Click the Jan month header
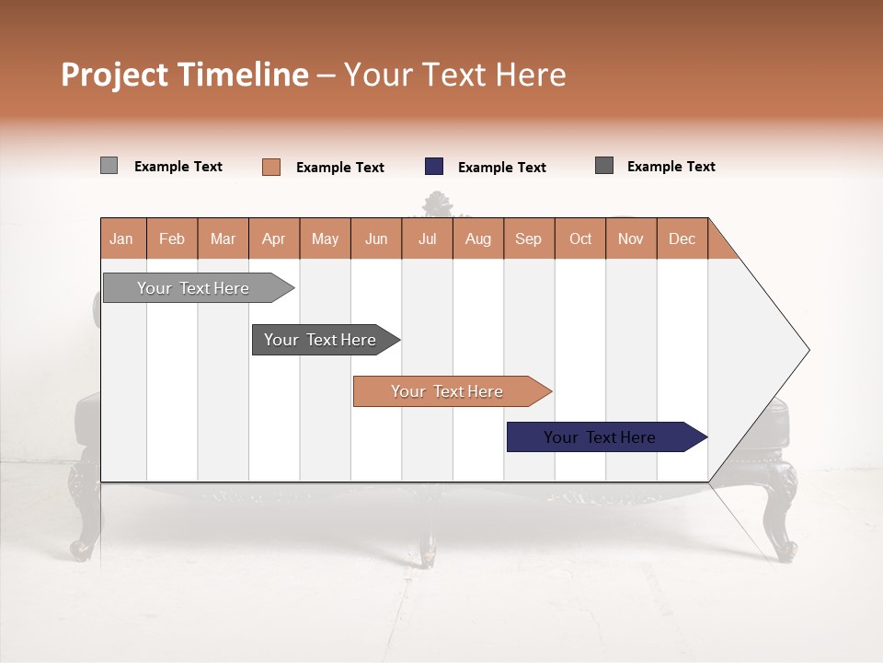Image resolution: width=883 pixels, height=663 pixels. [121, 238]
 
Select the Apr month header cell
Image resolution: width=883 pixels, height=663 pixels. [273, 238]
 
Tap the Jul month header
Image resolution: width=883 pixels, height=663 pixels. [427, 238]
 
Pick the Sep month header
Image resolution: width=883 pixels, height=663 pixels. [528, 238]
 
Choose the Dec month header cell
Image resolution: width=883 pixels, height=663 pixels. [682, 238]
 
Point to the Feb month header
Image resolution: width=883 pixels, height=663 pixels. [172, 238]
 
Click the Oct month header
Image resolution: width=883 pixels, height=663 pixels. [580, 238]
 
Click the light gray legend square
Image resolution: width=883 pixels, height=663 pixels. [109, 166]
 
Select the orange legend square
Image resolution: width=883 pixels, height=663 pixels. [270, 167]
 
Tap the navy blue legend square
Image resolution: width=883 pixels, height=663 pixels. [434, 167]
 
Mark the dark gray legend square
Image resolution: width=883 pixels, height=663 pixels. [604, 166]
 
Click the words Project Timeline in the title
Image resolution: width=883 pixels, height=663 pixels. [184, 75]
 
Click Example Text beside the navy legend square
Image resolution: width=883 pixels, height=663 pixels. [501, 168]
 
